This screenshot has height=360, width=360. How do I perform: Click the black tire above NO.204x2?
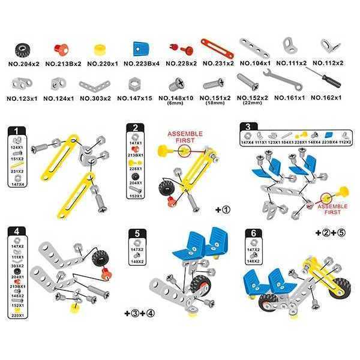[23, 48]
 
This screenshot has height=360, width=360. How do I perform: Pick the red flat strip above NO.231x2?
[216, 45]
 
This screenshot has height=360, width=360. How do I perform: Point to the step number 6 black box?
[253, 232]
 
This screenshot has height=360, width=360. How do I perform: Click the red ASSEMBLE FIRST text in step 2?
[185, 137]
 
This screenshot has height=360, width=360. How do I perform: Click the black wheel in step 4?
[100, 259]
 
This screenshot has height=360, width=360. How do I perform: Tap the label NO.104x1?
[255, 63]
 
